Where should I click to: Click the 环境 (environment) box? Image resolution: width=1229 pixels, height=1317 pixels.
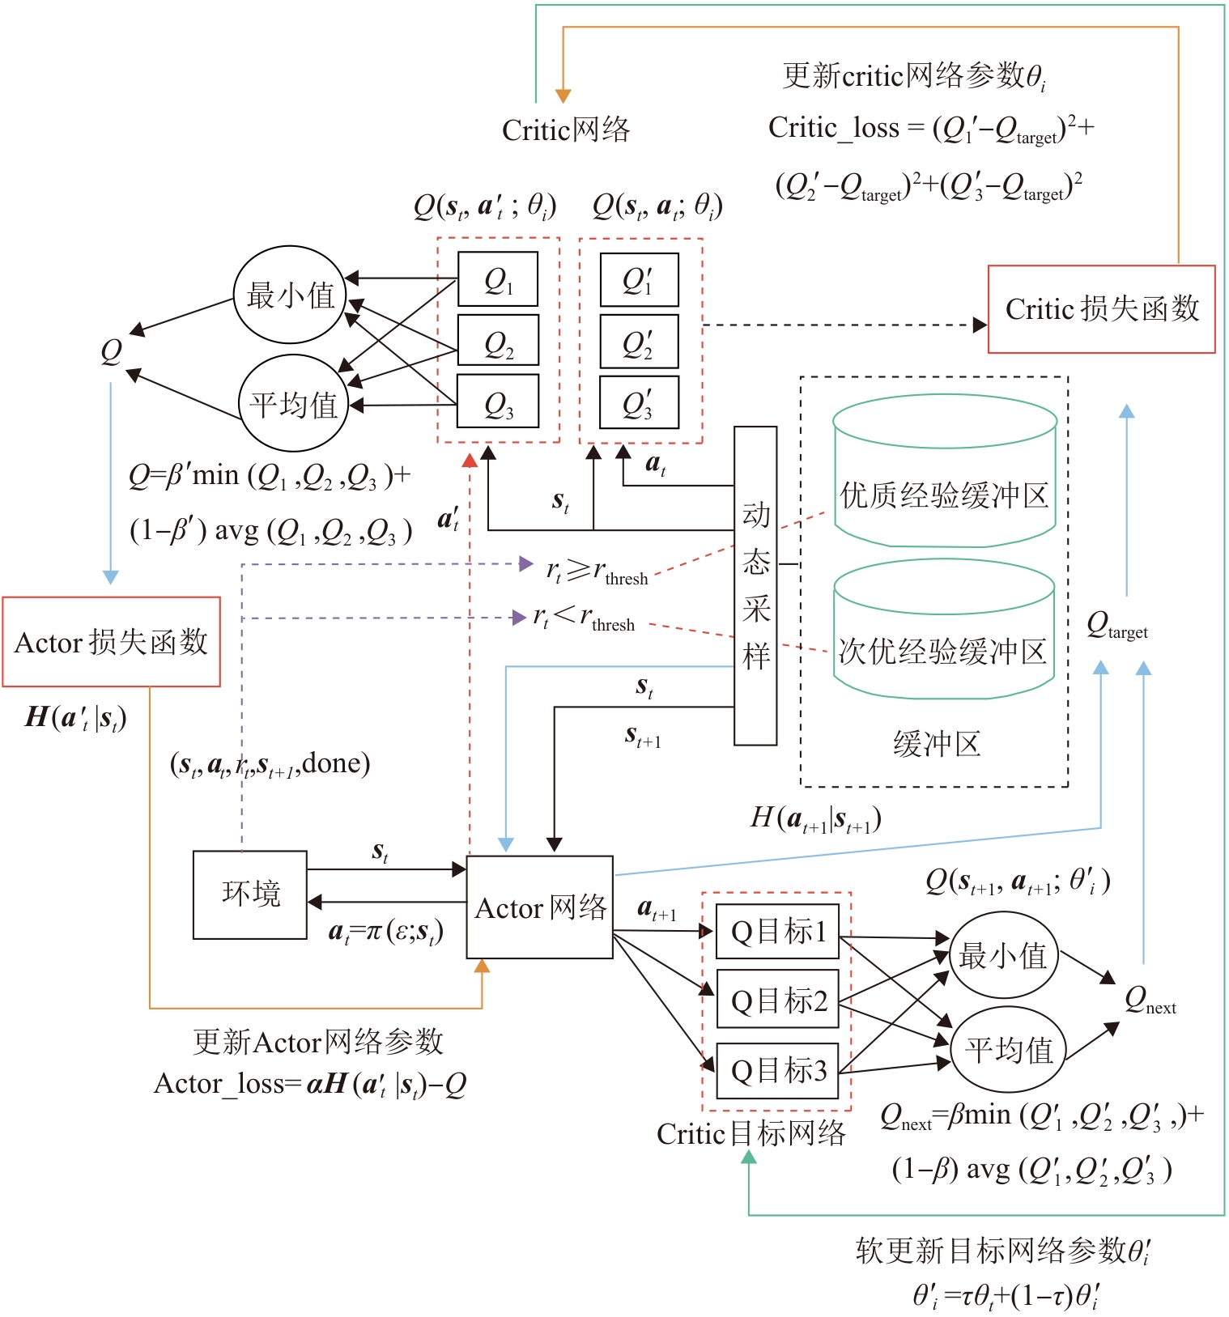(x=250, y=894)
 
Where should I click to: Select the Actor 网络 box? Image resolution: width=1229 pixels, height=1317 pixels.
(x=540, y=907)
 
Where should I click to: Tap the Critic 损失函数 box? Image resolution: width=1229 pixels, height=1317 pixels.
(x=1101, y=309)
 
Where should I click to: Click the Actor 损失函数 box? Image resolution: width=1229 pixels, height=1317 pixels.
(x=112, y=642)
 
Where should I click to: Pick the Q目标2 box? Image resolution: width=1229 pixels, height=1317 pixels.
(x=778, y=1000)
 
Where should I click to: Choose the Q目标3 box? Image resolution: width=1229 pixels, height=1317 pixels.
(x=778, y=1070)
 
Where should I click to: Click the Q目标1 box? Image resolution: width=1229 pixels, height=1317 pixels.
(x=778, y=931)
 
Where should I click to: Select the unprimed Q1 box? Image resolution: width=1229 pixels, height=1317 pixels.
(x=498, y=279)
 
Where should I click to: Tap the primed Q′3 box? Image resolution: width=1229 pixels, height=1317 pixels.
(x=639, y=402)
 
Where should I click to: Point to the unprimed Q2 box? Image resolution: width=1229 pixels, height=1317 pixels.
(x=498, y=342)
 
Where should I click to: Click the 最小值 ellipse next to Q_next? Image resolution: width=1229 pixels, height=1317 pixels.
(x=1003, y=956)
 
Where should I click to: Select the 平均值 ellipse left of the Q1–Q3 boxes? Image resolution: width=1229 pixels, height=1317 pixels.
(x=293, y=403)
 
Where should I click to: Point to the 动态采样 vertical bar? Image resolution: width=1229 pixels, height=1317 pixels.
(x=755, y=585)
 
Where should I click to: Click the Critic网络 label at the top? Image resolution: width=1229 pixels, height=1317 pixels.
(x=565, y=130)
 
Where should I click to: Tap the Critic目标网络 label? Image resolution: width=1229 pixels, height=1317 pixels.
(x=751, y=1133)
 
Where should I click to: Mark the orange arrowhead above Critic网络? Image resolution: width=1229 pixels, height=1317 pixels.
(x=563, y=96)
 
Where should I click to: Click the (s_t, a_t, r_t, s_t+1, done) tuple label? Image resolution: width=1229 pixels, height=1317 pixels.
(x=270, y=763)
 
